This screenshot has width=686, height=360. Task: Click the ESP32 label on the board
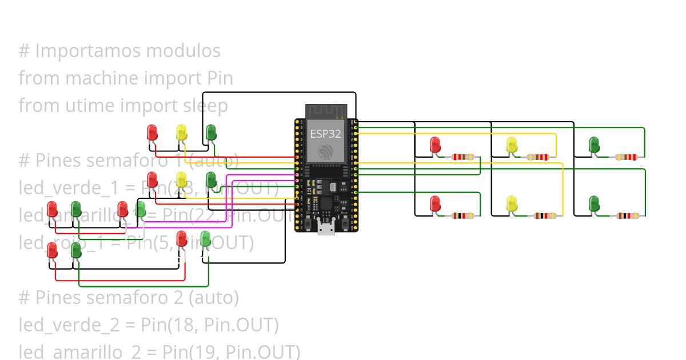point(326,134)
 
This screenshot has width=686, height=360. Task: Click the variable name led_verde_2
point(69,325)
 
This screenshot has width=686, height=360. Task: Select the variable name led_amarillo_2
point(79,351)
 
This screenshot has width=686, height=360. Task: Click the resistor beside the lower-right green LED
point(628,216)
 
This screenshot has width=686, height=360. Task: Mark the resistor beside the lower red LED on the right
point(462,216)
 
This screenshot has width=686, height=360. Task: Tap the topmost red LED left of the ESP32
point(152,131)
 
